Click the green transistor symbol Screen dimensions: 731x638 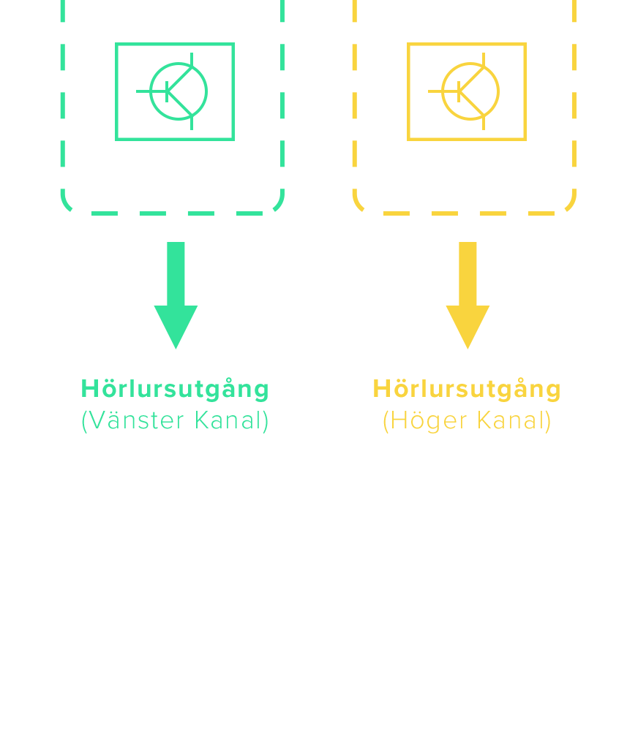pyautogui.click(x=175, y=91)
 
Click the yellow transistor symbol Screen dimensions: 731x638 pyautogui.click(x=467, y=91)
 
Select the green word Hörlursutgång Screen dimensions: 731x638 pyautogui.click(x=175, y=389)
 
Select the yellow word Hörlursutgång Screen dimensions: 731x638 pyautogui.click(x=467, y=389)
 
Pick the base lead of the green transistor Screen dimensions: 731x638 pyautogui.click(x=145, y=91)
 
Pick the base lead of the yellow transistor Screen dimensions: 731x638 pyautogui.click(x=437, y=91)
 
